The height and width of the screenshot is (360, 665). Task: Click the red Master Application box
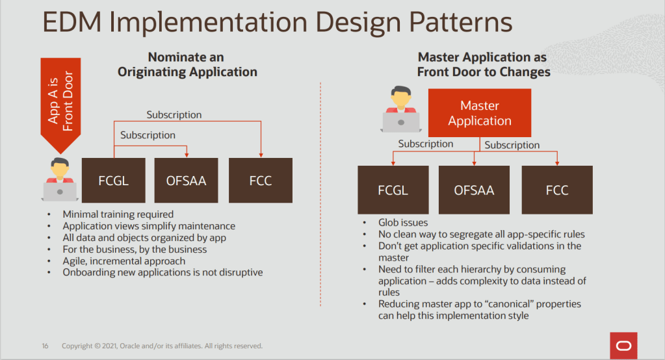480,113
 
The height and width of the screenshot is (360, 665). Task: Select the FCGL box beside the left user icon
113,180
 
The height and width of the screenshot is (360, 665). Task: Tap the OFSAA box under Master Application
474,190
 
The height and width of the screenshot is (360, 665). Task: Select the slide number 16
46,346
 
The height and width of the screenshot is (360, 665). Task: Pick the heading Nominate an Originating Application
187,65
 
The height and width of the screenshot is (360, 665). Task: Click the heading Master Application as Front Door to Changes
483,64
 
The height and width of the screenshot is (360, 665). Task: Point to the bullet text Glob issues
403,223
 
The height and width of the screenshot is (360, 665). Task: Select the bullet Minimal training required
118,214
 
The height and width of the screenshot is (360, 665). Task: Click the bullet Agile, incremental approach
124,261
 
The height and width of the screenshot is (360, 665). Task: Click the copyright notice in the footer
162,346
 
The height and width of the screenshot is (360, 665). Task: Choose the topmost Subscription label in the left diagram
174,114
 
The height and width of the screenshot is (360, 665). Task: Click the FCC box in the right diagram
557,190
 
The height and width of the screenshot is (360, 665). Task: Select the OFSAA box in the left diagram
187,180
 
